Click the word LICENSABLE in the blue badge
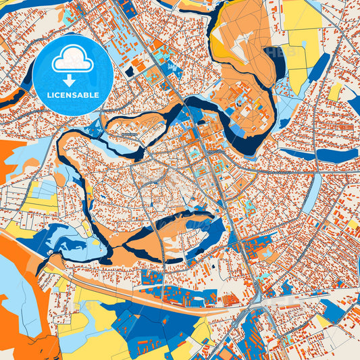tap(72, 95)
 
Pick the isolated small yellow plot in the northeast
tap(335, 92)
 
